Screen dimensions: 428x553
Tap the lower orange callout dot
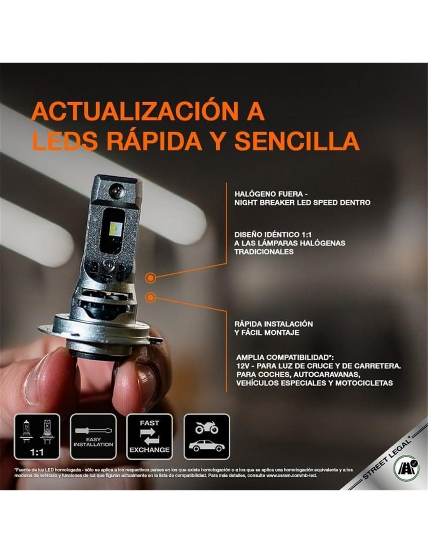(150, 297)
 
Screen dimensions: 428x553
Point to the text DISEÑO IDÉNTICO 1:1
(273, 234)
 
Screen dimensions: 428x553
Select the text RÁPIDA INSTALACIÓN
(274, 324)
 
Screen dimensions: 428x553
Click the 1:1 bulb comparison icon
(37, 437)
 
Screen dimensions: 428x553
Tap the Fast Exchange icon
(149, 437)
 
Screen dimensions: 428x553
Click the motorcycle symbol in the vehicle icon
(207, 427)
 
